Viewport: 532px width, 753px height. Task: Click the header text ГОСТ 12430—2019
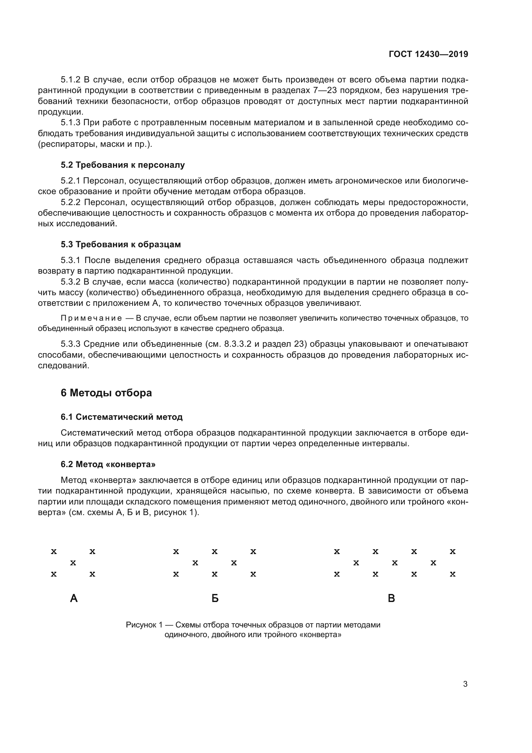click(x=428, y=54)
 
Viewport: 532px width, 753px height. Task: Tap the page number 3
click(x=465, y=684)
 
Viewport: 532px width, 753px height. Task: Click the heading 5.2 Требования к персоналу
click(x=123, y=165)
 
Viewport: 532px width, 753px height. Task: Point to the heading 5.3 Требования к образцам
click(x=121, y=244)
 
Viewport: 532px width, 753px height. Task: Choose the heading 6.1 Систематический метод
click(x=122, y=417)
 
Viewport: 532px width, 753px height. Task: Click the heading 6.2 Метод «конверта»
click(x=108, y=464)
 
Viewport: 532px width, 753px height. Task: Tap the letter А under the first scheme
click(x=74, y=598)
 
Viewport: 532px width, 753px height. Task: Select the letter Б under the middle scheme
click(x=215, y=598)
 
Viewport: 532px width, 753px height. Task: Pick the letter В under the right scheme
click(x=391, y=598)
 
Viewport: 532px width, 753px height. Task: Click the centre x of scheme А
click(x=73, y=563)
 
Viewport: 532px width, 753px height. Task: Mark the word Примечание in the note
click(x=91, y=318)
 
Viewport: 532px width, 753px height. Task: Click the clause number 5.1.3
click(x=70, y=123)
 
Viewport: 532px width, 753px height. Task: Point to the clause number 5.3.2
click(x=70, y=282)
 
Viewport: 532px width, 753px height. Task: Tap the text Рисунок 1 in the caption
click(x=144, y=625)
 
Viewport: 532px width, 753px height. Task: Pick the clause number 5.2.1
click(x=70, y=181)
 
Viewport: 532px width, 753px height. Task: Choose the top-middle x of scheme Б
click(x=215, y=552)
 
